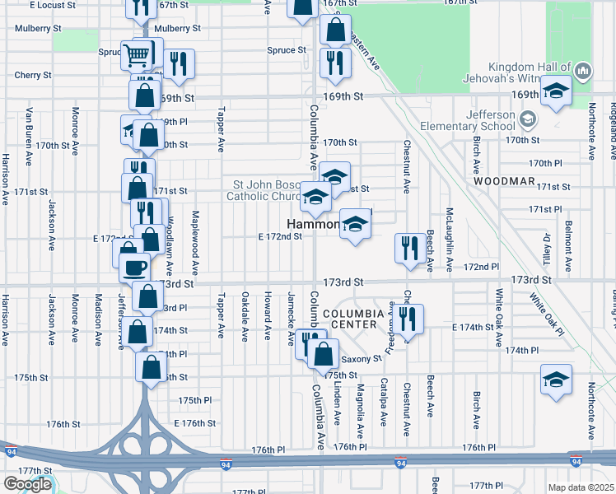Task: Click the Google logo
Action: [27, 484]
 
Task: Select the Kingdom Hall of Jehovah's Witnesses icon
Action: [583, 71]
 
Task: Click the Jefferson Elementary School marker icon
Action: [528, 119]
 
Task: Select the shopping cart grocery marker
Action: [137, 55]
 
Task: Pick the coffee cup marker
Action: [134, 266]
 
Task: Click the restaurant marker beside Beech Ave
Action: [409, 248]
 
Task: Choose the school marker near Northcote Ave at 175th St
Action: [556, 380]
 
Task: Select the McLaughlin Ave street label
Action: [450, 239]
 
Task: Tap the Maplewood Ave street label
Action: [196, 243]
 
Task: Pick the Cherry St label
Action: [34, 75]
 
